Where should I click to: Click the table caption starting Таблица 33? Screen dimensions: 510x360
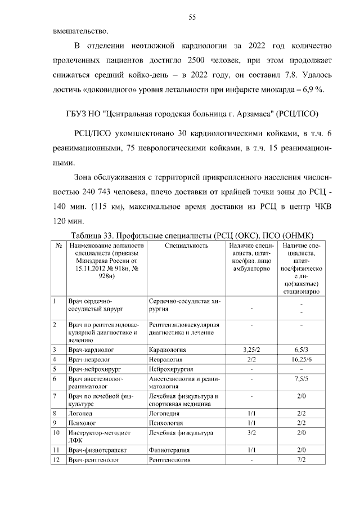coord(191,235)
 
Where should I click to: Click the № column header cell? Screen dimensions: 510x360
coord(58,245)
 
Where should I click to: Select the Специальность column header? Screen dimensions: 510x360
coord(187,245)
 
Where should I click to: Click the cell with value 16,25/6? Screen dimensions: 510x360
coord(301,359)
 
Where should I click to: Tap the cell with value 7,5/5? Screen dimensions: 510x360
coord(301,379)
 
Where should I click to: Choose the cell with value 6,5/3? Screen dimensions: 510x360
coord(301,350)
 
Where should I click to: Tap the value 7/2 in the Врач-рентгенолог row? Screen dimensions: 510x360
coord(301,460)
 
